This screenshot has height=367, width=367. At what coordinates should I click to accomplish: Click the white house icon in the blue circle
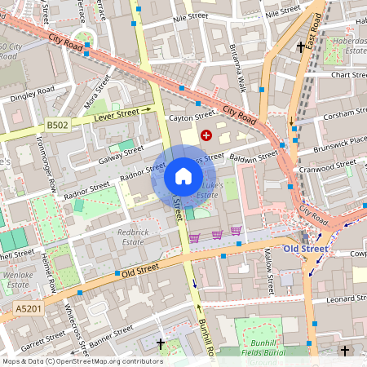[x=183, y=176]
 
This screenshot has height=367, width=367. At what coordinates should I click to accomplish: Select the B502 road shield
[x=57, y=125]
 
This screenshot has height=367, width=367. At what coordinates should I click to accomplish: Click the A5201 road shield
[x=28, y=310]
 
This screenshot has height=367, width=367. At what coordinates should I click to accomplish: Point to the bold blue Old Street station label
[x=305, y=248]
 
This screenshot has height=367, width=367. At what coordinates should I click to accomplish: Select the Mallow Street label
[x=270, y=273]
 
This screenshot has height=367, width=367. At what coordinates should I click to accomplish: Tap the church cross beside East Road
[x=301, y=48]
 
